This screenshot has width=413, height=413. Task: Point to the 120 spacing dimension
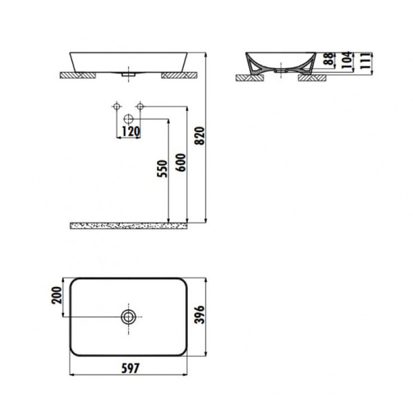point(130,131)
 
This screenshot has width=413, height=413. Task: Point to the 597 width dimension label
point(130,368)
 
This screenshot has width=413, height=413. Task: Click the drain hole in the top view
point(129,317)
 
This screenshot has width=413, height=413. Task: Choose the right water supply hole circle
point(140,106)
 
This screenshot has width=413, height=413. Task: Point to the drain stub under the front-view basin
point(129,72)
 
